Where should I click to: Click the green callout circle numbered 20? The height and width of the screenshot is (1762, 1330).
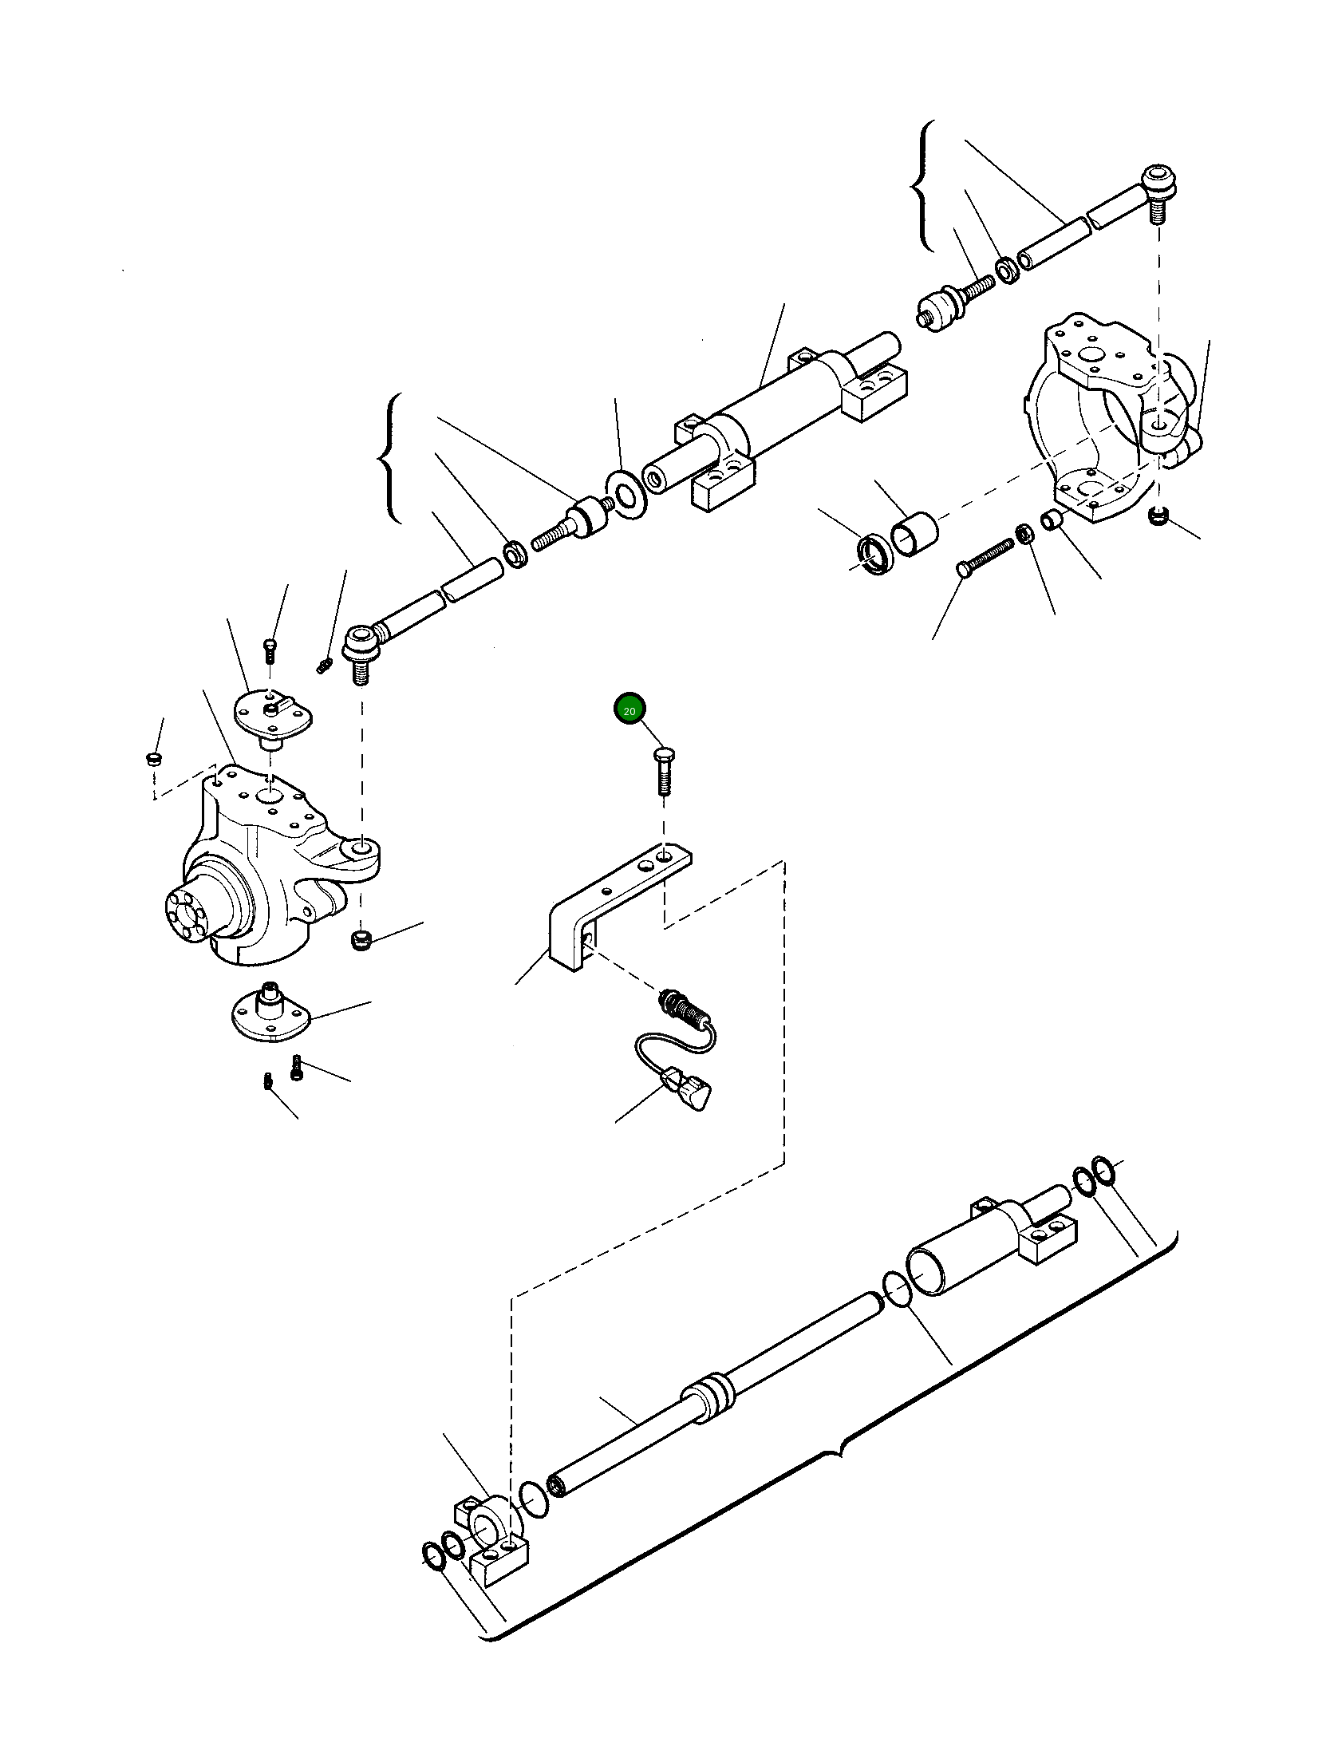pyautogui.click(x=629, y=709)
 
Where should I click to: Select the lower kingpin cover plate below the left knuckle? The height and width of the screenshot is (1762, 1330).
pyautogui.click(x=268, y=1017)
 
